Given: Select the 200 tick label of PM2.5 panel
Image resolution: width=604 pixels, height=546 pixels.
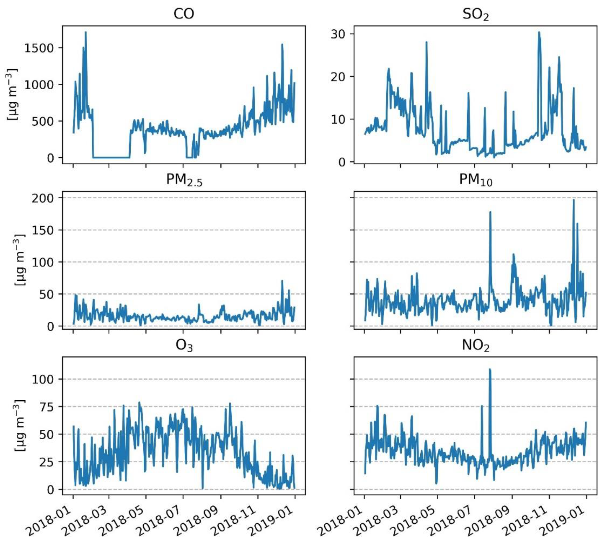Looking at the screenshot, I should [43, 198].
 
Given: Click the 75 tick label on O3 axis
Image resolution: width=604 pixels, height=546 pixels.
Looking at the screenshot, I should [46, 407].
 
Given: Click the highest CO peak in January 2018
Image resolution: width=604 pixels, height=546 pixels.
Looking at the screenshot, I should [86, 32].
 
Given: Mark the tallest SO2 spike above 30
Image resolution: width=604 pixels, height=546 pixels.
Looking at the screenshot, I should [539, 32].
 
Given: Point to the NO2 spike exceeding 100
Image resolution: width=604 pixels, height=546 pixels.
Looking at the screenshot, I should [490, 369].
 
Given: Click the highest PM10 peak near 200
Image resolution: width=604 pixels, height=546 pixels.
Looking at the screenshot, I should [573, 200].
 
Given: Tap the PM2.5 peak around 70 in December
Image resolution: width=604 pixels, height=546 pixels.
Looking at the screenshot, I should [282, 281].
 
